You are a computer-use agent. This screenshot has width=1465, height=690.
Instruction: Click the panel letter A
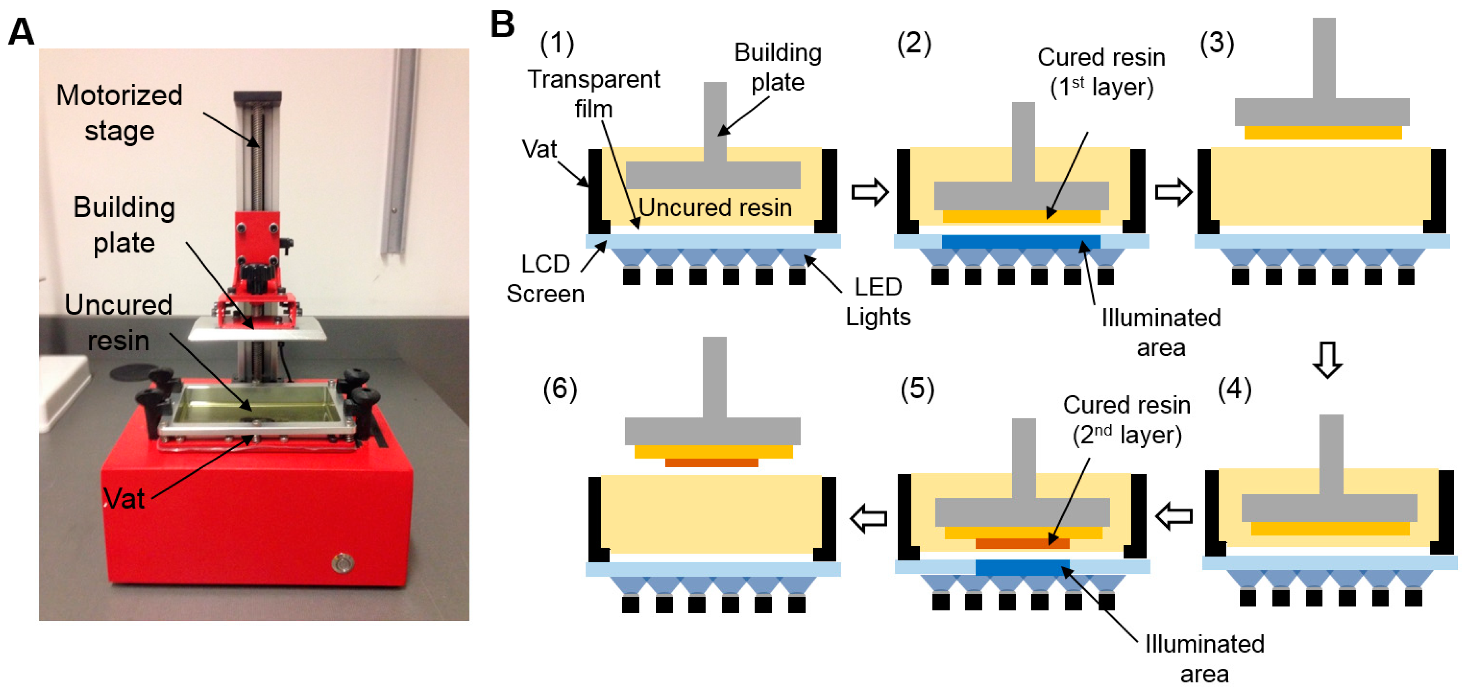[21, 32]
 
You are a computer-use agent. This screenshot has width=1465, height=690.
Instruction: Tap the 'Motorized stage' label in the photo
[119, 113]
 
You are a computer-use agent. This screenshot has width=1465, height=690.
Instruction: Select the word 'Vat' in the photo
[125, 498]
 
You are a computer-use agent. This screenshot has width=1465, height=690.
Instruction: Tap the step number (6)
[560, 389]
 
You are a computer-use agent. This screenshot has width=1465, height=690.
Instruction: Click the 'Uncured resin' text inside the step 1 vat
[715, 208]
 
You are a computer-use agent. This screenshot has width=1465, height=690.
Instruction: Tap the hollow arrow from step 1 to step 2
[869, 192]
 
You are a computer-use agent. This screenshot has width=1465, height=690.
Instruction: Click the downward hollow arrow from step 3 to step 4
[1327, 359]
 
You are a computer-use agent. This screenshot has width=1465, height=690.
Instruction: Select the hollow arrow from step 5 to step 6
[869, 518]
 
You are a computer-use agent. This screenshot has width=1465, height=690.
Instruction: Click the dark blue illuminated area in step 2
[1021, 241]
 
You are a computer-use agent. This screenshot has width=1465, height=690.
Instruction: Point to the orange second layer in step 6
[711, 463]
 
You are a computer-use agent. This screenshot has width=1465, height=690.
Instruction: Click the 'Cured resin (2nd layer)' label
[1127, 420]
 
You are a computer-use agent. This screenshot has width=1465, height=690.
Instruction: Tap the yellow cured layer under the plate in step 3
[1323, 132]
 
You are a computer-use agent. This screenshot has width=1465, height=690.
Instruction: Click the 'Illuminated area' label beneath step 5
[1204, 659]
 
